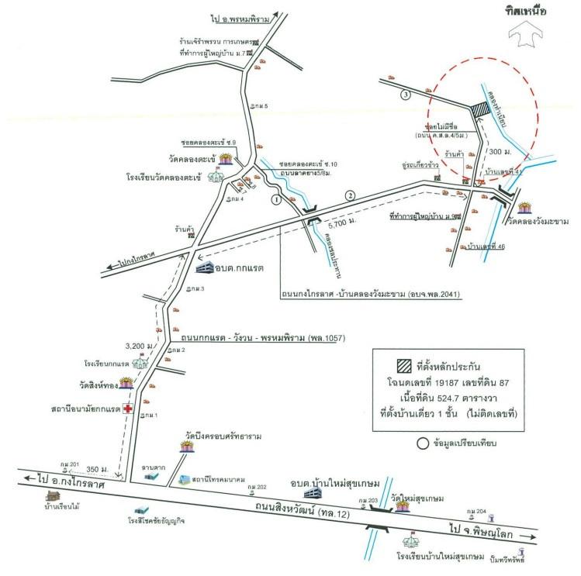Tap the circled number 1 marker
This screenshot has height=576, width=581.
point(275,198)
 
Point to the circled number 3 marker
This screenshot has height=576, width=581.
point(403,95)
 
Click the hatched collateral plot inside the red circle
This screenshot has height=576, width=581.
point(481,112)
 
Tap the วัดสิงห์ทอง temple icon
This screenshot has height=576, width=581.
point(126,382)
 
